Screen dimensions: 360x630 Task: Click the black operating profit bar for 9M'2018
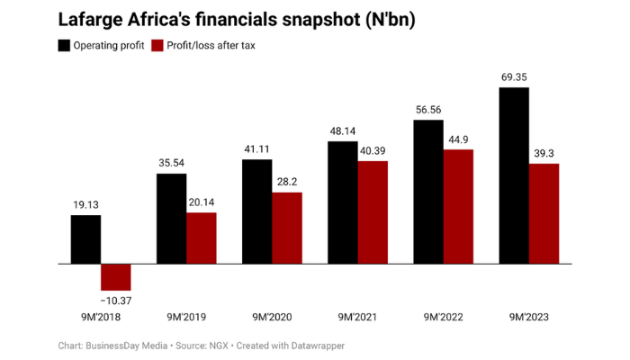pos(86,240)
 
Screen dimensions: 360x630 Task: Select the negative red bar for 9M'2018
pos(116,277)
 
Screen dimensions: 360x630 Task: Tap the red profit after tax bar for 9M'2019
pos(202,238)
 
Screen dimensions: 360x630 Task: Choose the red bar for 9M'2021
pos(373,213)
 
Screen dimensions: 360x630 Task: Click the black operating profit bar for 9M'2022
pos(428,193)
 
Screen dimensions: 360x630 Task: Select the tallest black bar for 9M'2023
pos(514,176)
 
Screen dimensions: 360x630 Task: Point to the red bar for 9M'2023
pos(544,214)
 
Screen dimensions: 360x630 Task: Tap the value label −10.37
pos(115,299)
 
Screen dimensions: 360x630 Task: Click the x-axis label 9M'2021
pos(357,317)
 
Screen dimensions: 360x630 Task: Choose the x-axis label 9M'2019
pos(186,317)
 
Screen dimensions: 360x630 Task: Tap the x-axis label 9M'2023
pos(528,317)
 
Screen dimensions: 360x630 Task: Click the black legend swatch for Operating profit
pos(65,45)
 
